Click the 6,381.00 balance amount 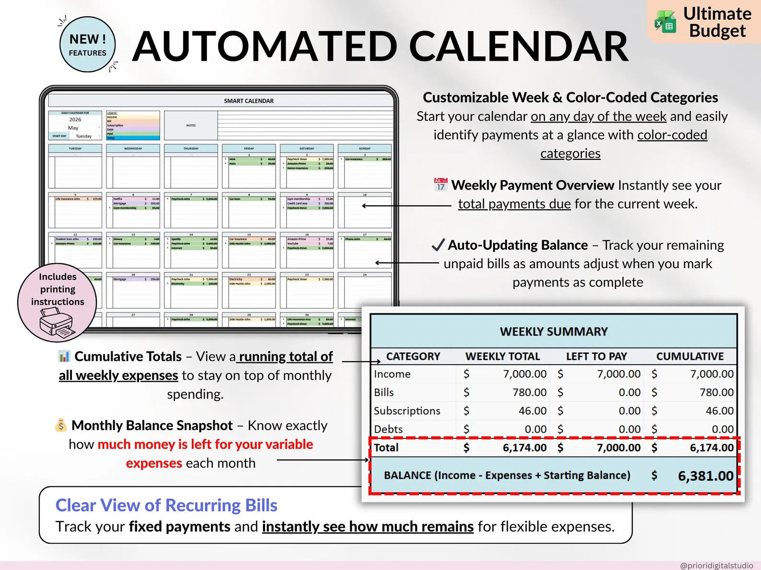(x=705, y=476)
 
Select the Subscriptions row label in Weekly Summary (x=407, y=411)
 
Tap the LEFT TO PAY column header (x=596, y=356)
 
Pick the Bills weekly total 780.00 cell (x=529, y=392)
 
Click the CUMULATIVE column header (x=690, y=356)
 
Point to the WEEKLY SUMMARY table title (x=553, y=332)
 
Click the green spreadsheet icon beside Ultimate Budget (x=666, y=22)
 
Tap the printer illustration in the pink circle (x=57, y=323)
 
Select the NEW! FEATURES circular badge (x=88, y=45)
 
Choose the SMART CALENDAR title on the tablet (x=249, y=101)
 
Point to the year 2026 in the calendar (x=75, y=120)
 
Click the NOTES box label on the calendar (x=191, y=125)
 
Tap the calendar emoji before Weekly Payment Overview (x=440, y=185)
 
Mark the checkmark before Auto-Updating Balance (x=438, y=245)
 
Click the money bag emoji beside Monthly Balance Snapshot (x=61, y=425)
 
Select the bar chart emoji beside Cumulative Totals (x=64, y=356)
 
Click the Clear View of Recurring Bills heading (x=166, y=505)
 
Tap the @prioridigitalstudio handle (x=716, y=565)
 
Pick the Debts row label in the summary (x=388, y=429)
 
